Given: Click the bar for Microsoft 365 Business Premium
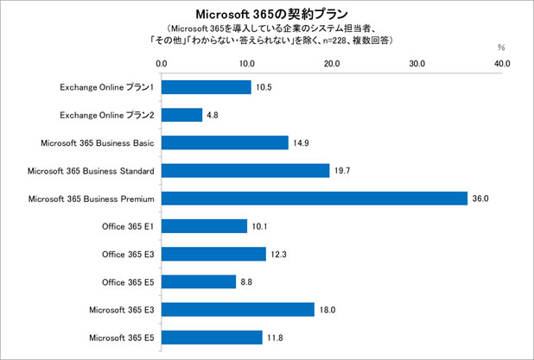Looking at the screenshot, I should click(314, 199).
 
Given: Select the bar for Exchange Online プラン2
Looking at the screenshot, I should click(181, 115).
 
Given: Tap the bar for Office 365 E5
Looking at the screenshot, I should click(199, 281).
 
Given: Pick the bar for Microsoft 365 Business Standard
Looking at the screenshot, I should click(245, 171).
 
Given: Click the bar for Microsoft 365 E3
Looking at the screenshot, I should click(238, 309).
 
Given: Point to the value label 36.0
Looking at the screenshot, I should click(480, 199).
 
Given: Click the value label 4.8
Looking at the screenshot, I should click(213, 115).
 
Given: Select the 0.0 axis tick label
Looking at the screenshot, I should click(162, 63).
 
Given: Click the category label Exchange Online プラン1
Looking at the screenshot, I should click(107, 87).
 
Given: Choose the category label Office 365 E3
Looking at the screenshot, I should click(128, 254).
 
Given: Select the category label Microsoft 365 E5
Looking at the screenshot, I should click(122, 337).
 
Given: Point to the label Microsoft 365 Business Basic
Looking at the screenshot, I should click(98, 142).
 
